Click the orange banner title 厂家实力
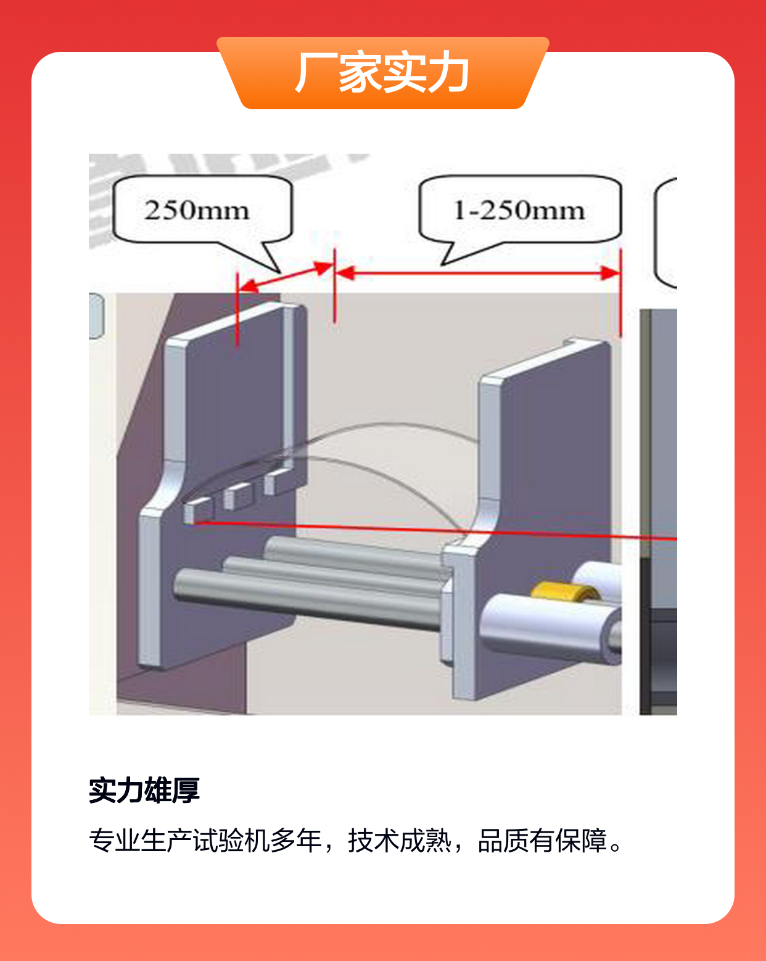[x=382, y=72]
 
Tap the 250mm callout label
[x=197, y=210]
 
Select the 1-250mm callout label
[x=519, y=210]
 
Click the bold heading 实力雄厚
[x=144, y=791]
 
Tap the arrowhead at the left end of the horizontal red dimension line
[x=345, y=273]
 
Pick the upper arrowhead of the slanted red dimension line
[x=323, y=267]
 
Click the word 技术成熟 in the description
[x=400, y=841]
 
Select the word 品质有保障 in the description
[x=542, y=841]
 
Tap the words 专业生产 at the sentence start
[x=141, y=841]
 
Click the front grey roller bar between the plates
[x=308, y=599]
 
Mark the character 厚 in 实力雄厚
[x=186, y=791]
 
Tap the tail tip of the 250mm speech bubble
[x=280, y=272]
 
